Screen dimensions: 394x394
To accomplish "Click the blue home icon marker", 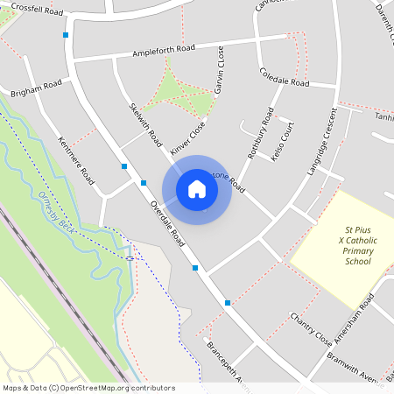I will coord(197,189).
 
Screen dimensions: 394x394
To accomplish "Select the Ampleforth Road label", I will coord(164,52).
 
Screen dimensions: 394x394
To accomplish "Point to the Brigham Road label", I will coord(36,88).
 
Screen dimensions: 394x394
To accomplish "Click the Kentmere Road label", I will coord(75,158).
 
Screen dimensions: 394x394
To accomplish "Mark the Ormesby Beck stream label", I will coord(53,209).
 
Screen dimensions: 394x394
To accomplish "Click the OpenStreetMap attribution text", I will coord(88,388).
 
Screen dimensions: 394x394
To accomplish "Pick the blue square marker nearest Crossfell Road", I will coord(66,35).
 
